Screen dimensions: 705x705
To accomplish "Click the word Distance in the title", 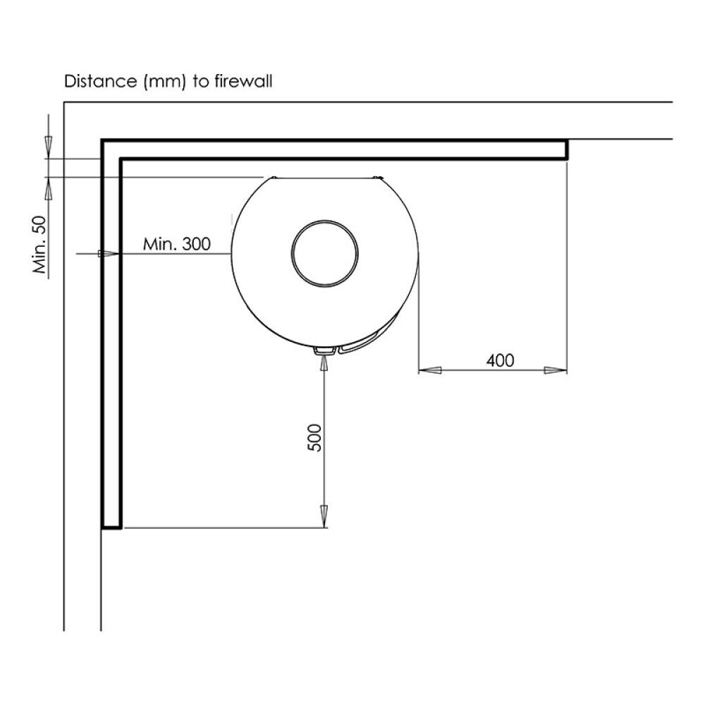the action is click(x=100, y=81).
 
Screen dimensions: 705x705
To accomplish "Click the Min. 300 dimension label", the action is click(x=177, y=244).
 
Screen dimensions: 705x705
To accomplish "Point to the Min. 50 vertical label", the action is click(x=39, y=245).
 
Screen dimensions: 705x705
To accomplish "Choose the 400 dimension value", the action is click(x=500, y=360).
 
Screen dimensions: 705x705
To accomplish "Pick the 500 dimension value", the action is click(x=314, y=438).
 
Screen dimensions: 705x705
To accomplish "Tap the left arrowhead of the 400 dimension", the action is click(x=430, y=371).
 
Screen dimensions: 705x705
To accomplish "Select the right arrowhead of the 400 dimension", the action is click(x=556, y=371).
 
